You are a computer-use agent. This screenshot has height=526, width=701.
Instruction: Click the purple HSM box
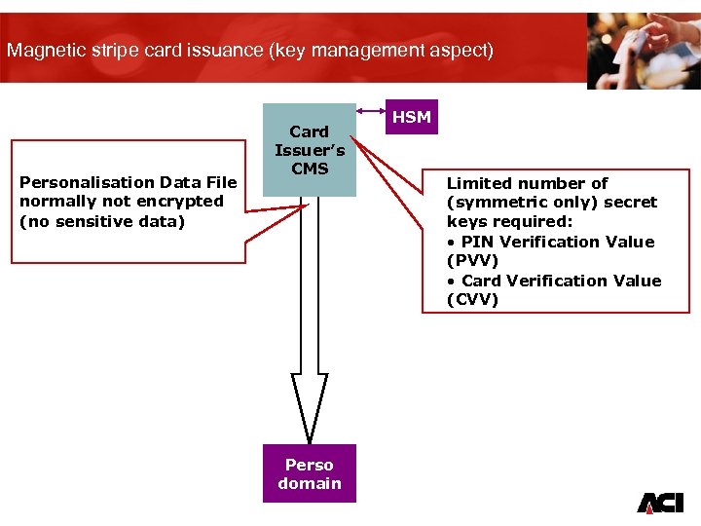point(411,117)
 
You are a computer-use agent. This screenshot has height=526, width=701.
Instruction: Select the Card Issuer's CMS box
point(310,150)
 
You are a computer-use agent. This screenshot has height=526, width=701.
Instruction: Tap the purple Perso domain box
point(310,473)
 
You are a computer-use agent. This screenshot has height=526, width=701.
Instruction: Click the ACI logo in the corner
point(660,502)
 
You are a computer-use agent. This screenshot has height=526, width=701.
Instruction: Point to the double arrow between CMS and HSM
point(371,112)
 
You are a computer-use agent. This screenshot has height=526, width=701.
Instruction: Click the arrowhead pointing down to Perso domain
point(310,409)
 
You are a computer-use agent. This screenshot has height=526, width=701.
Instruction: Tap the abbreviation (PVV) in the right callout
point(471,261)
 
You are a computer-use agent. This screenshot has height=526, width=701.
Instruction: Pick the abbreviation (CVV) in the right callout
point(472,300)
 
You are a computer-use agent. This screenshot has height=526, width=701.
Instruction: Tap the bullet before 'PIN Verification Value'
point(451,242)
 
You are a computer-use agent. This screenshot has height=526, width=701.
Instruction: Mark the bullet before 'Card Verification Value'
point(451,281)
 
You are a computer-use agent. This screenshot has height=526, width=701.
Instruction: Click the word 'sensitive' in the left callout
point(95,221)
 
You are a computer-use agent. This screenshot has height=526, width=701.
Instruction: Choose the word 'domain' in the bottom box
point(310,483)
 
